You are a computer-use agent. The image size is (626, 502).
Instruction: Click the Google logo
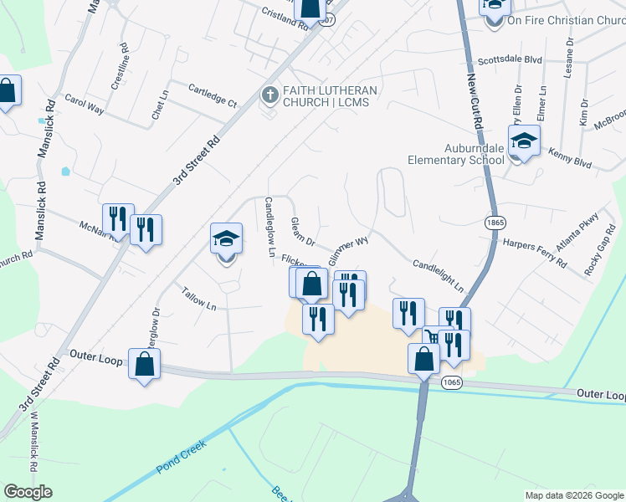(27, 492)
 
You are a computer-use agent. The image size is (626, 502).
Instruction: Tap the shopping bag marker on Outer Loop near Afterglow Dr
(144, 364)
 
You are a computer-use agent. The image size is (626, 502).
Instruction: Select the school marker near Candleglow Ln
(226, 241)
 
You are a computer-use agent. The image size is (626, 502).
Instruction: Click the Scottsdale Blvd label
(510, 61)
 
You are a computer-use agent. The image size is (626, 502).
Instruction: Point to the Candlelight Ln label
(438, 275)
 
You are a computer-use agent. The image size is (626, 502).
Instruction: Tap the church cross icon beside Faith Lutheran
(269, 94)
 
